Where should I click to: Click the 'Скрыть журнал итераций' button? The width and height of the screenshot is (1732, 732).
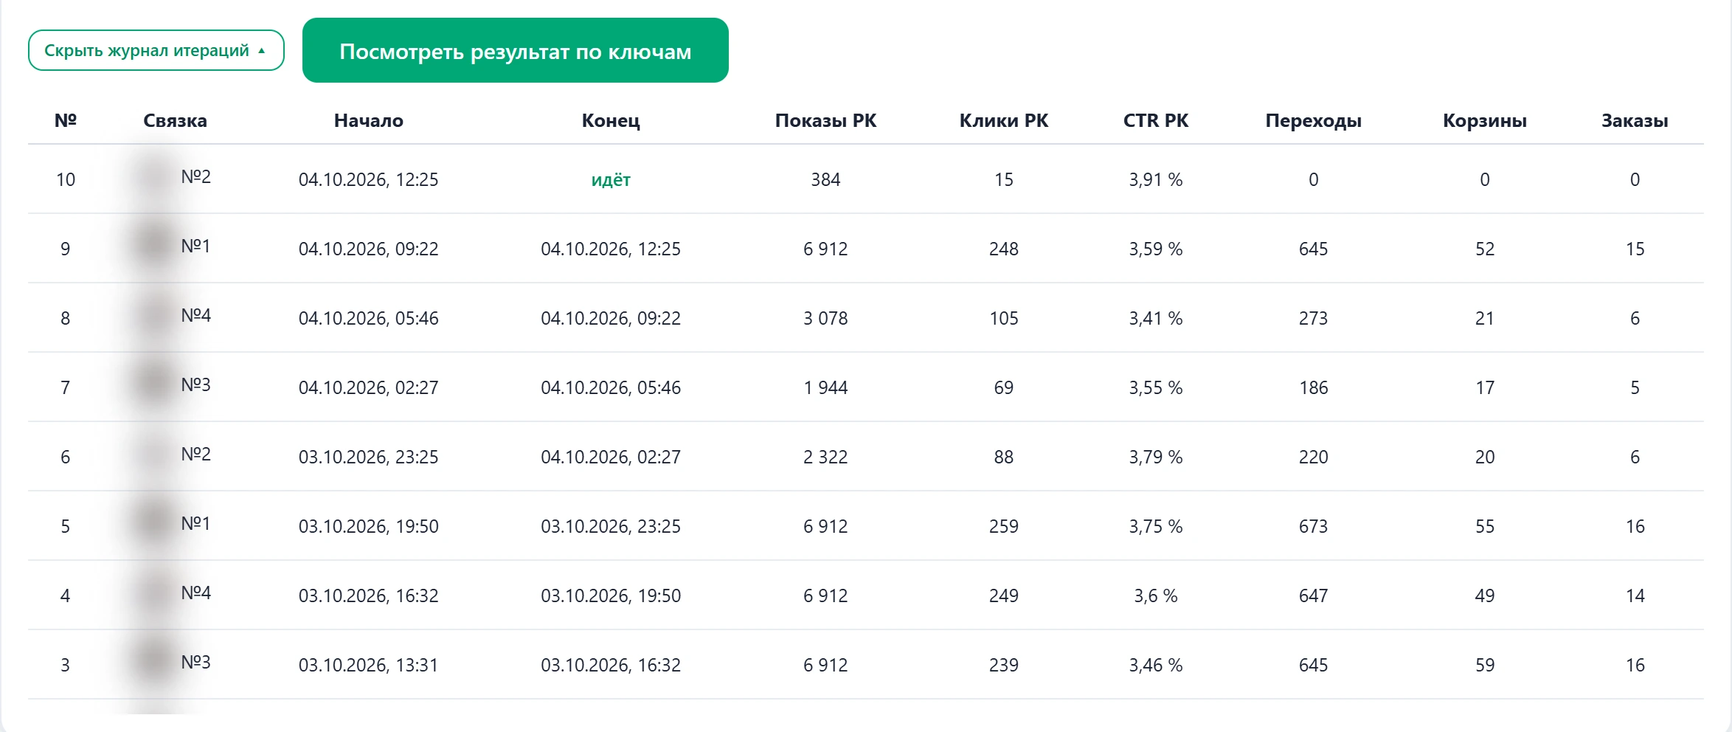[x=156, y=50]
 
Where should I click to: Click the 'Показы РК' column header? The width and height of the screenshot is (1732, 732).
[x=825, y=120]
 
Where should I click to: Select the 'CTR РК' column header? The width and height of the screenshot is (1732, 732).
[x=1156, y=120]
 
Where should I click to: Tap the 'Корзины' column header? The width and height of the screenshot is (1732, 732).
[x=1485, y=121]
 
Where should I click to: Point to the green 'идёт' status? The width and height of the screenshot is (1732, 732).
[x=611, y=179]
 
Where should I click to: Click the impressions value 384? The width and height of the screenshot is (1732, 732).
[x=825, y=179]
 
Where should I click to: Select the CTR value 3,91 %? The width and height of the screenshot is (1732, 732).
[x=1156, y=179]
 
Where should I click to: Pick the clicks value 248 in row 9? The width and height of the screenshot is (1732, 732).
[x=1004, y=249]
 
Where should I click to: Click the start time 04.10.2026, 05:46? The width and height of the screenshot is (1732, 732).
[x=369, y=318]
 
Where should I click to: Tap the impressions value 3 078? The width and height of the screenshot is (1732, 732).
[x=825, y=318]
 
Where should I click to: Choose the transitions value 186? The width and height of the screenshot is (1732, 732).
[x=1314, y=387]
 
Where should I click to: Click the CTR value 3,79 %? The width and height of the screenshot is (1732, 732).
[x=1156, y=457]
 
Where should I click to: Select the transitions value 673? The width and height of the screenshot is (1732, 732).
[x=1314, y=526]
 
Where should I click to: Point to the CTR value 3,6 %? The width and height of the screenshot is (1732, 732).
[x=1156, y=595]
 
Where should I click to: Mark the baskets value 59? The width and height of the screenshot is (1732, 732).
[x=1485, y=665]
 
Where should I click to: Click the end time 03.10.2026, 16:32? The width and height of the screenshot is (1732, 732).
[x=611, y=665]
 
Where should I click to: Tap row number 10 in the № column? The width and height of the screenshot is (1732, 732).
[x=66, y=179]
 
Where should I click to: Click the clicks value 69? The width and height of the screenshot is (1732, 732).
[x=1004, y=387]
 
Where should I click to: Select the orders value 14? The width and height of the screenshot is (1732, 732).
[x=1635, y=595]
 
